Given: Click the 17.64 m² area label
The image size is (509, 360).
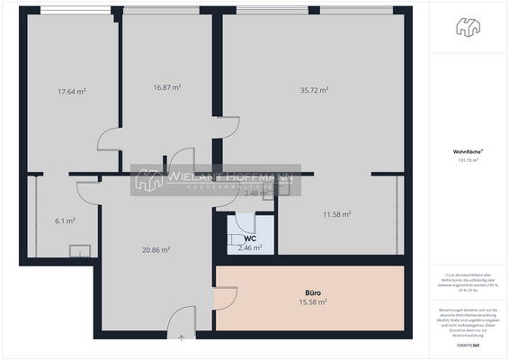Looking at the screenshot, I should (71, 91).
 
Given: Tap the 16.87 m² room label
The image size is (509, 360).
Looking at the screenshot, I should (167, 87).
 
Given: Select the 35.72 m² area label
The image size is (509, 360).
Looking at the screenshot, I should (314, 90).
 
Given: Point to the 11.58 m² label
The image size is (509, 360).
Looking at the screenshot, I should (336, 214).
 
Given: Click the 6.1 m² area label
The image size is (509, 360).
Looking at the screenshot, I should (65, 220).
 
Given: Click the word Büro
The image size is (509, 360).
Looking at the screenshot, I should (313, 293).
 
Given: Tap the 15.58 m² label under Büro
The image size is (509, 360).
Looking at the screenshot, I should (313, 302).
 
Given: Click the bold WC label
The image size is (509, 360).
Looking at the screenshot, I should (250, 238).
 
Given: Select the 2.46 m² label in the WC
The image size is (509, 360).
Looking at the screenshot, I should (250, 247).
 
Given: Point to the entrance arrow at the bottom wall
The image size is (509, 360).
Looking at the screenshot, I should (182, 339).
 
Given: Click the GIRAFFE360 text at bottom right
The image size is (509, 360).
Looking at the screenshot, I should (467, 346).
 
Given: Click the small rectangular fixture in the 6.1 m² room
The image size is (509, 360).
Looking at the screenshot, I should (81, 252).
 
